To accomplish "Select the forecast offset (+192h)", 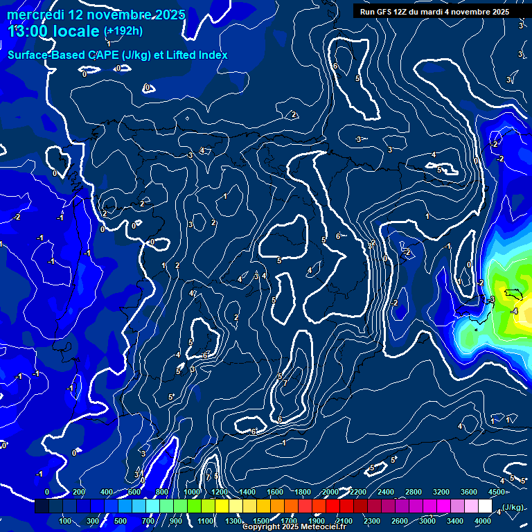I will point(123,31).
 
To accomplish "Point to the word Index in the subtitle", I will point(211,55).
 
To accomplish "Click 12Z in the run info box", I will point(405,12).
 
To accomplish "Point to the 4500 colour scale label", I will point(497,492).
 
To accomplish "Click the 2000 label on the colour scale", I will point(330,492).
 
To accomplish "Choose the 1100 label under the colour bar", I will point(206,521).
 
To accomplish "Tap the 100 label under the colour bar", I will point(66,521).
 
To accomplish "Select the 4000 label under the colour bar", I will point(483,521).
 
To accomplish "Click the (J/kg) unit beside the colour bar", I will point(513,508).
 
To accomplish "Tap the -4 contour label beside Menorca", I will point(514,312).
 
